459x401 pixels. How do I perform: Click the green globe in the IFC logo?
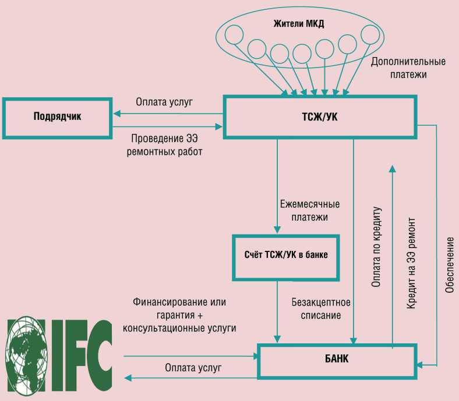tap(27, 356)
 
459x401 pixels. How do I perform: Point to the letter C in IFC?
tap(97, 355)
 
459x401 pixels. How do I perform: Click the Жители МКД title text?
tap(299, 23)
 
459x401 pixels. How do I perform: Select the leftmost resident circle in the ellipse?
tap(234, 34)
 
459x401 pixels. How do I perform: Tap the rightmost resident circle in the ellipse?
tap(370, 34)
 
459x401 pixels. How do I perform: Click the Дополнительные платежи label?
tap(408, 68)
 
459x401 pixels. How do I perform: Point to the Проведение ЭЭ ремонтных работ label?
tap(164, 145)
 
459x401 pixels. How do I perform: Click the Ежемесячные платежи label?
tap(310, 211)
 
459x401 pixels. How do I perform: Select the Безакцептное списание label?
tap(321, 308)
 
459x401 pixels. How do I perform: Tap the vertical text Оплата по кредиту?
tap(376, 247)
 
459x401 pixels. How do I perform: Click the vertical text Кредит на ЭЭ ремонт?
tap(411, 263)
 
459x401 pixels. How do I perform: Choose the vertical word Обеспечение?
tap(450, 265)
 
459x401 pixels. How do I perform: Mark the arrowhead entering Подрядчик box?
tap(117, 113)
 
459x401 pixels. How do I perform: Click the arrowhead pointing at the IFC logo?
tap(128, 378)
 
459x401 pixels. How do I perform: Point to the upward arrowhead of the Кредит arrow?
tap(392, 169)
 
